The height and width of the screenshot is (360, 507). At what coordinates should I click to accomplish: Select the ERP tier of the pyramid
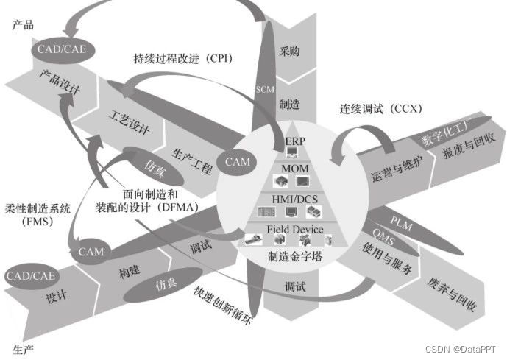[294, 140]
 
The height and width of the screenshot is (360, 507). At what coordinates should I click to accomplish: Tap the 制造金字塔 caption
[294, 257]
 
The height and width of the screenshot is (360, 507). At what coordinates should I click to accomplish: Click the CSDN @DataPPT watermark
[466, 348]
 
